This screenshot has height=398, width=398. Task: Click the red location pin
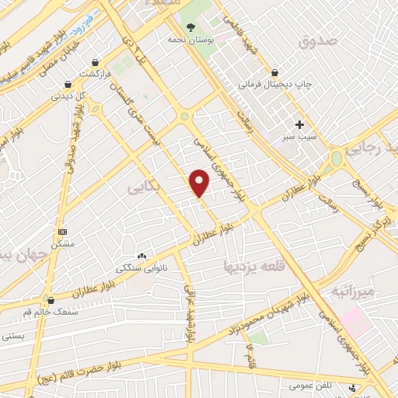click(200, 183)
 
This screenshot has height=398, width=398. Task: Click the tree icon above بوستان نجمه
click(190, 26)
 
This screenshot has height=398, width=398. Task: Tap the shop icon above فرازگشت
click(95, 61)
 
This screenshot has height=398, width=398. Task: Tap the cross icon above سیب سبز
click(299, 124)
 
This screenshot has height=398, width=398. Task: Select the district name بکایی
click(145, 187)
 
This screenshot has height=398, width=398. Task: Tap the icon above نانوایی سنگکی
click(141, 256)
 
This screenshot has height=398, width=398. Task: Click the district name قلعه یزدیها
click(292, 265)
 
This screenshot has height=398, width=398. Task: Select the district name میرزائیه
click(354, 292)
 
